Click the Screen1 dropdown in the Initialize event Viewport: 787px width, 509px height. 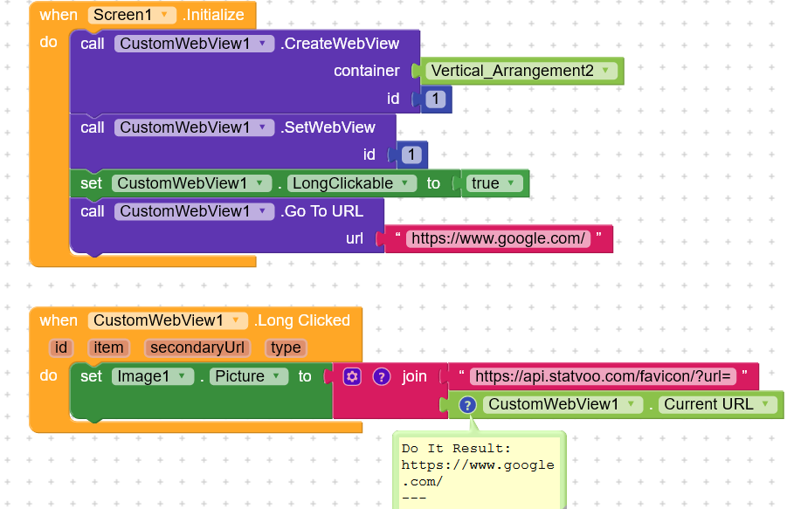(132, 15)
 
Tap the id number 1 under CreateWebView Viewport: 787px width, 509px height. (436, 99)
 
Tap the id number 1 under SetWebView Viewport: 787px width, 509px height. (411, 155)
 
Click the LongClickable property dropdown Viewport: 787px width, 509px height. (352, 183)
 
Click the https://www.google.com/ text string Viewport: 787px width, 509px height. (499, 238)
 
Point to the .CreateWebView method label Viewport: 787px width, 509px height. (340, 44)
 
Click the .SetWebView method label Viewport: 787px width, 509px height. (328, 127)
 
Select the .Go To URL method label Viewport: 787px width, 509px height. (321, 211)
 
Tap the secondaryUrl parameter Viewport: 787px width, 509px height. (197, 347)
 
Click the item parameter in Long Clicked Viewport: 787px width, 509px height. (108, 347)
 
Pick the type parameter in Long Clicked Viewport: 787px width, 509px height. (286, 347)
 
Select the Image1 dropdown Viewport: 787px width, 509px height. (153, 376)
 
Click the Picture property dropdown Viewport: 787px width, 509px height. (249, 376)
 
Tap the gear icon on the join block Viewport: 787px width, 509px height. (352, 376)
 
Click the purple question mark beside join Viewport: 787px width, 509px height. (382, 376)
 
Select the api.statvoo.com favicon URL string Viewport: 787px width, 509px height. (603, 376)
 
